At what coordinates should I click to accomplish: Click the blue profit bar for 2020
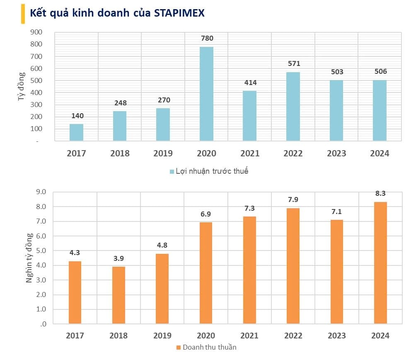tap(206, 94)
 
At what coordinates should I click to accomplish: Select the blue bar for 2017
tap(76, 132)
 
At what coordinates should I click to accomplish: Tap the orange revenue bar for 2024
tap(380, 263)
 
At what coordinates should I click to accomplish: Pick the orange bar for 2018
tap(118, 295)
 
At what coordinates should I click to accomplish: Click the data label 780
tap(207, 39)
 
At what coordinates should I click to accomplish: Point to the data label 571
tap(293, 64)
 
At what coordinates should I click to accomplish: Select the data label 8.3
tap(380, 194)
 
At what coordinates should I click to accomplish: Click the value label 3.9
tap(118, 258)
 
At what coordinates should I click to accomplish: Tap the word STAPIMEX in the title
tap(179, 13)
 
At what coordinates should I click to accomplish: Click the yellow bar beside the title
tap(22, 14)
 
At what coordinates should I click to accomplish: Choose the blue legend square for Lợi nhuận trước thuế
tap(172, 171)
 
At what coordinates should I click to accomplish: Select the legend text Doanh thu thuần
tap(209, 347)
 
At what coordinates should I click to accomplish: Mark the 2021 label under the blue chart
tap(250, 153)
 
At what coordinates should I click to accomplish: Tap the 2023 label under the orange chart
tap(336, 336)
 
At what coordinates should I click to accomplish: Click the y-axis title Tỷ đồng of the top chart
tap(22, 86)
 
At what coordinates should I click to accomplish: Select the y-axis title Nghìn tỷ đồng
tap(29, 258)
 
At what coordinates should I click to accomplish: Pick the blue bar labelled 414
tap(250, 116)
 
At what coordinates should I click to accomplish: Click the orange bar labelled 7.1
tap(337, 271)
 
